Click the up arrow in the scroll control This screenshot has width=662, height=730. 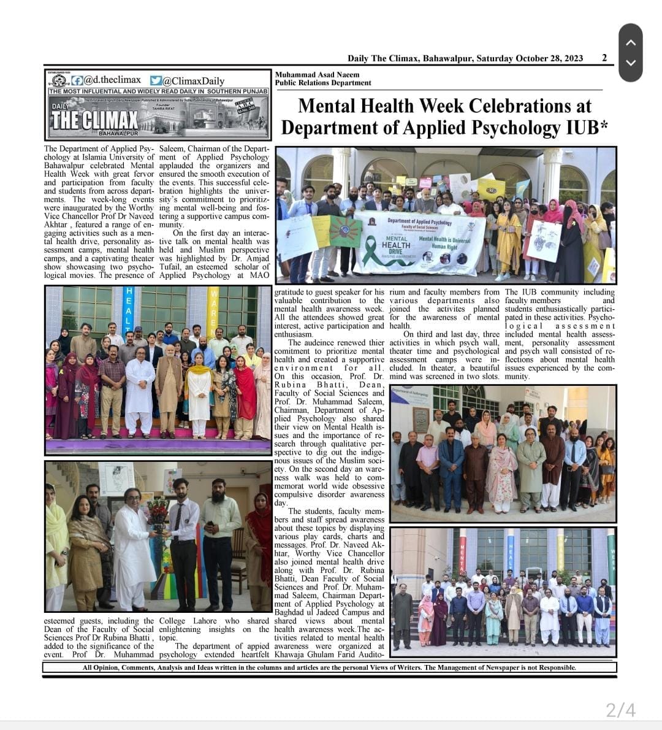(x=631, y=42)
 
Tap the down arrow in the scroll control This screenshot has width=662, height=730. (x=631, y=63)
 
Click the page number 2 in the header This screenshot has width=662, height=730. (x=604, y=58)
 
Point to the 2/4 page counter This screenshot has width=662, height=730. (x=620, y=710)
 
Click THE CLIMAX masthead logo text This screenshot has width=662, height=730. (x=94, y=119)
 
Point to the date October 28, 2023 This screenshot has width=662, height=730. (x=549, y=58)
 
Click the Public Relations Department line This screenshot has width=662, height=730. (x=323, y=83)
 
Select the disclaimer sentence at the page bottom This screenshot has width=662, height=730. (x=330, y=667)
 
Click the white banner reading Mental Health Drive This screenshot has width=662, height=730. (x=420, y=243)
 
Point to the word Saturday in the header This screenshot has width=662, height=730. (x=495, y=58)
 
